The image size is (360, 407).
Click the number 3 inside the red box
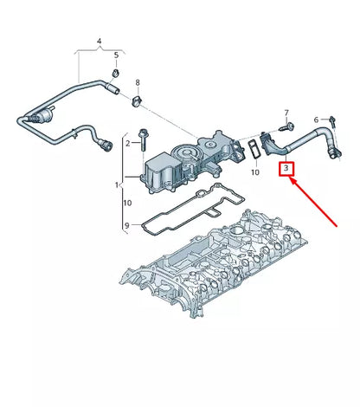point(285,171)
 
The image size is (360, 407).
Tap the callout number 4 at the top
point(99,41)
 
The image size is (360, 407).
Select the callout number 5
point(116,56)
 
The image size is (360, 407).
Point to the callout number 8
point(137,84)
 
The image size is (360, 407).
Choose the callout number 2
point(126,143)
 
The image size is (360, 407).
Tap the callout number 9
point(126,227)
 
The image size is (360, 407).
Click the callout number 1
point(119,185)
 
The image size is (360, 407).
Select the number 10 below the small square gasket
point(254,173)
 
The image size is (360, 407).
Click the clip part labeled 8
point(137,102)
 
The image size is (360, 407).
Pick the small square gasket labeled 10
point(252,148)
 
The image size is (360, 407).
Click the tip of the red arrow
point(292,180)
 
